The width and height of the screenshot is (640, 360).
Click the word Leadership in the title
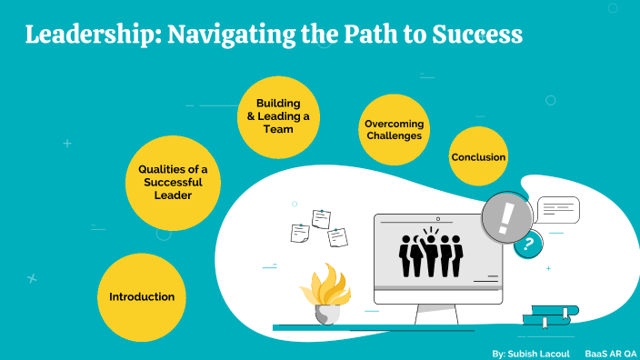83,35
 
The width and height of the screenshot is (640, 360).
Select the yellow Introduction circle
142,296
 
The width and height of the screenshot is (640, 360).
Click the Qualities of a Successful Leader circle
173,183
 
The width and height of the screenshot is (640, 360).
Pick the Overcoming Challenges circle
394,129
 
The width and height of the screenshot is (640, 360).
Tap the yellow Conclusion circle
478,157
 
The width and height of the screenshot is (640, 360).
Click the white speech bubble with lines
557,210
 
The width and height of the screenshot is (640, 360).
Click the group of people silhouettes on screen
433,254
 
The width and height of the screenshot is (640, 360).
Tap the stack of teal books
551,315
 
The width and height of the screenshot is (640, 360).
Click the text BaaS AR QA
609,352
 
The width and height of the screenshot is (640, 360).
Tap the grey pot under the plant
327,313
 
